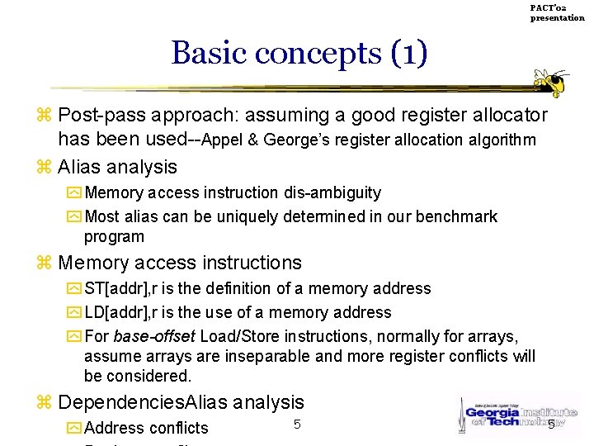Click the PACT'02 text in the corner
click(548, 7)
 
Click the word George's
click(295, 140)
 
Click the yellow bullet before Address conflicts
click(73, 428)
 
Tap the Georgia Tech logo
click(511, 413)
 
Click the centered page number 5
click(296, 425)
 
